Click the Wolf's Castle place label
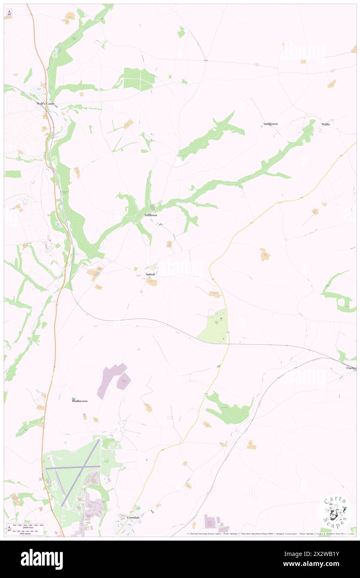[46, 104]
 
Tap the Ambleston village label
[270, 124]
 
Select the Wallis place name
[325, 124]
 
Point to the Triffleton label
[150, 215]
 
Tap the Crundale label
[133, 517]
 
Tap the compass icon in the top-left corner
[9, 13]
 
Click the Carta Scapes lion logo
[335, 511]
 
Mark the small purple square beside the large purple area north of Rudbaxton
[124, 381]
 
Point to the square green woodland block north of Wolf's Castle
[139, 79]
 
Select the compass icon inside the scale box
[9, 529]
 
